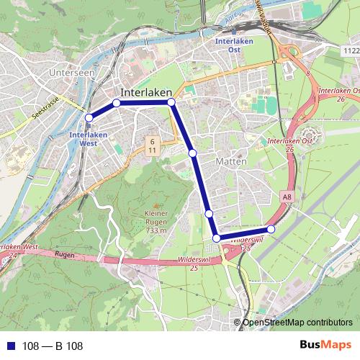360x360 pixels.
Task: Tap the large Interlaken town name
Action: coord(147,92)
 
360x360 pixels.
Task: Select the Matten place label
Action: coord(231,162)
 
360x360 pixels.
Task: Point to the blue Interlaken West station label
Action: coord(89,138)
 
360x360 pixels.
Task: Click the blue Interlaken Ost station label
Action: coord(234,45)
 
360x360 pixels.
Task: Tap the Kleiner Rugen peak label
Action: coord(156,222)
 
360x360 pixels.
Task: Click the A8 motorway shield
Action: coord(288,196)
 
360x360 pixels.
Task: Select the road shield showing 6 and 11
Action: coord(153,145)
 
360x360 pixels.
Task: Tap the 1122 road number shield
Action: coord(351,51)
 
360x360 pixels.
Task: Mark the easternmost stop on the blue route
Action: coord(271,229)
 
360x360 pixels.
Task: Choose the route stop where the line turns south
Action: coord(171,103)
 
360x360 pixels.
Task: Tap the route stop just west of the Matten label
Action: coord(192,153)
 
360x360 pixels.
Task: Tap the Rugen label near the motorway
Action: coord(65,256)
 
